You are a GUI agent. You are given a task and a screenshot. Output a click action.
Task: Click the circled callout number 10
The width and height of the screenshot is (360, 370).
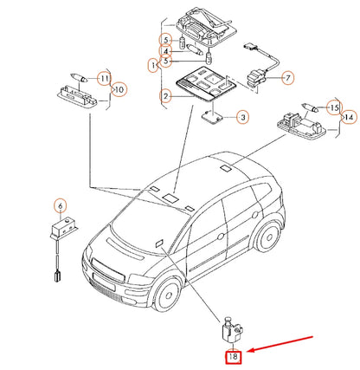[x=119, y=88]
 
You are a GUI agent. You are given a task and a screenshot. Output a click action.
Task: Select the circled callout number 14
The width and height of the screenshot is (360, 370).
[x=346, y=116]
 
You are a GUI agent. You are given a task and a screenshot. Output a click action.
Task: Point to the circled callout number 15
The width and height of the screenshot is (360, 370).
[x=332, y=107]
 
